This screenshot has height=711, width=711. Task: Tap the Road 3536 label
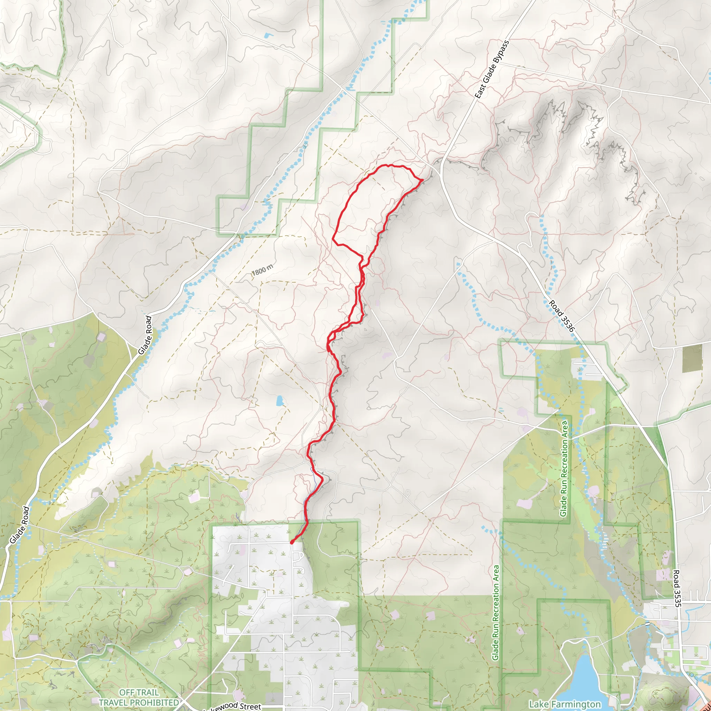click(x=561, y=315)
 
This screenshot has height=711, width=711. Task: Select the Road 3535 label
click(x=677, y=588)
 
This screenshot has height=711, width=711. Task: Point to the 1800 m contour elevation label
click(x=263, y=270)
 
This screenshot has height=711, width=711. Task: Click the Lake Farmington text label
click(x=564, y=704)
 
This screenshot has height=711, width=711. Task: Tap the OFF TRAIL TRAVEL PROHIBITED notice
click(x=139, y=698)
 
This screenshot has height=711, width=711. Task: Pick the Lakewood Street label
click(x=233, y=706)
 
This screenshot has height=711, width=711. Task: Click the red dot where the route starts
click(x=292, y=542)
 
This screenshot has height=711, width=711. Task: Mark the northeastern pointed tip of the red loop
click(x=422, y=179)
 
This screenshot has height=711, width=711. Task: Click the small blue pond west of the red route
click(x=280, y=400)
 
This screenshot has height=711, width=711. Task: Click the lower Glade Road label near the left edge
click(x=19, y=525)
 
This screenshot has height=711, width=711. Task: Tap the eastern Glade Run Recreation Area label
click(x=564, y=468)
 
